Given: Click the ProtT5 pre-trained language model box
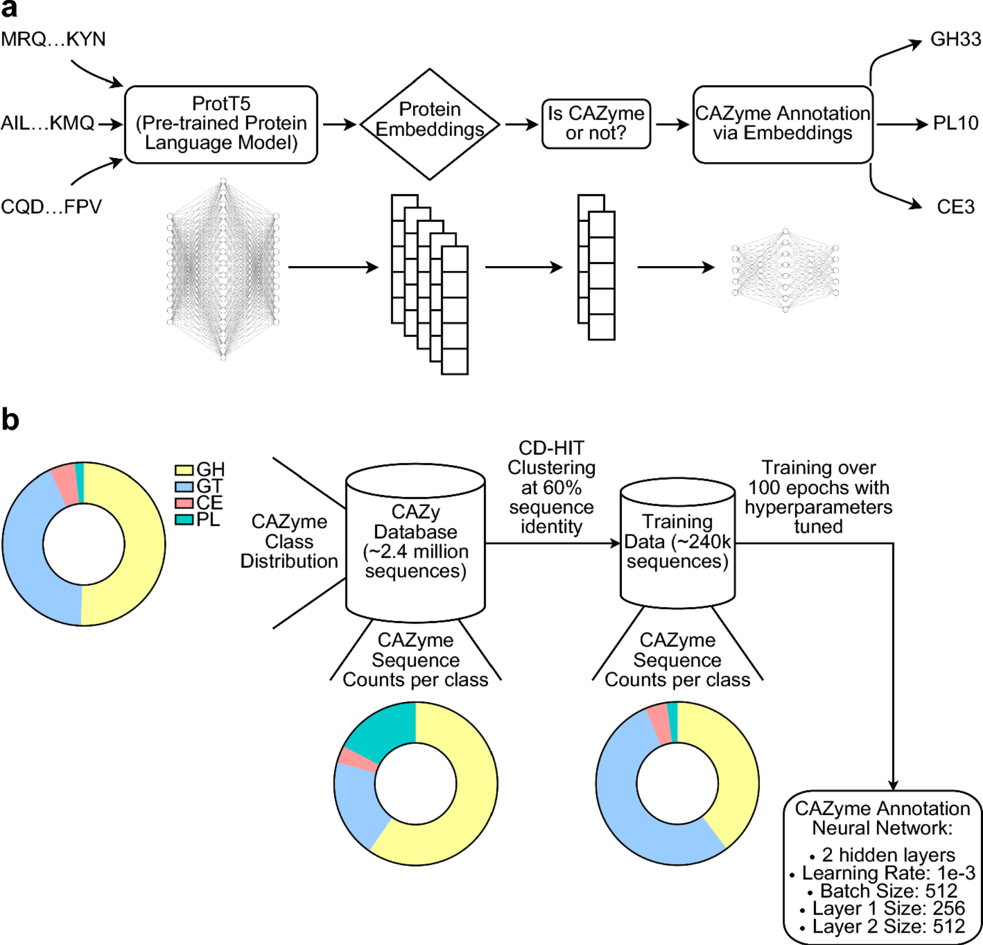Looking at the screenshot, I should click(221, 124).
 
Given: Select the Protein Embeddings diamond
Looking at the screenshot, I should click(429, 124).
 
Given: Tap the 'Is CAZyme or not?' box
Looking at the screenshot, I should click(596, 124).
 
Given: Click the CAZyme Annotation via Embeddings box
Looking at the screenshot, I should click(782, 124).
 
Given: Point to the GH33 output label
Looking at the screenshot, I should click(955, 39).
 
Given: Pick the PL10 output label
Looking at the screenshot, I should click(955, 123).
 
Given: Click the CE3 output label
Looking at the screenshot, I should click(955, 206).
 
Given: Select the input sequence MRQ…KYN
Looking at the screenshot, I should click(53, 39).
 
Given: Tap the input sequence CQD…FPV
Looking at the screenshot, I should click(51, 206).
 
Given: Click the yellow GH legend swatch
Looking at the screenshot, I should click(184, 470).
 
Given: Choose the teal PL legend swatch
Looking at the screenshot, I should click(184, 520).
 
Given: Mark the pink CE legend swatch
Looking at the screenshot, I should click(184, 503).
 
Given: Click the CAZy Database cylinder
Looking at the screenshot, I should click(415, 542).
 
